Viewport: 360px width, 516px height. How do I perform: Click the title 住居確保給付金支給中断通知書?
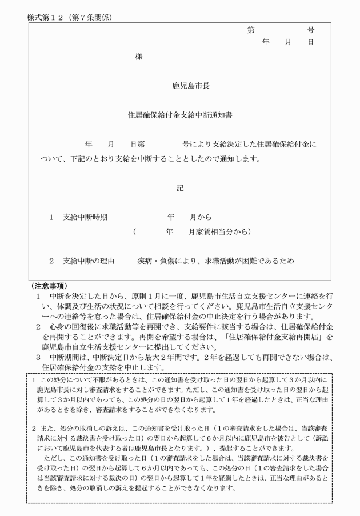[179, 114]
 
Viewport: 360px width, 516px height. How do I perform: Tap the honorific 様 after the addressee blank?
[139, 57]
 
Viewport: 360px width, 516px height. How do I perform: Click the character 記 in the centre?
[180, 187]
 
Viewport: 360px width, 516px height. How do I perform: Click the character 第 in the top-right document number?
[251, 30]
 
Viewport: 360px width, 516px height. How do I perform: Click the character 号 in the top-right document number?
[310, 30]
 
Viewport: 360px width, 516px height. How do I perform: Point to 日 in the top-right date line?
[310, 42]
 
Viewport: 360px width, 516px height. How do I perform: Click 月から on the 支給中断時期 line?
[201, 217]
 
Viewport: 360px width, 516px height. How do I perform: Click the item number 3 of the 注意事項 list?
[38, 357]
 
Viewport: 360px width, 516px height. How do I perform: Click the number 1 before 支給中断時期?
[51, 217]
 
